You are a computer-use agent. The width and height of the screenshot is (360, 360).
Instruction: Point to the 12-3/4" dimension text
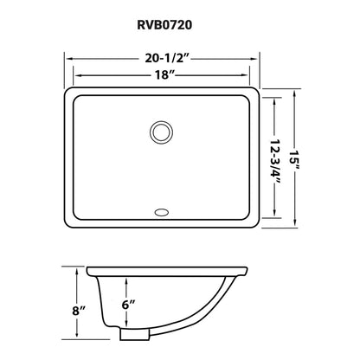(277, 159)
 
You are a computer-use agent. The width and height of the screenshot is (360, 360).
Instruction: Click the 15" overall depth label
(299, 159)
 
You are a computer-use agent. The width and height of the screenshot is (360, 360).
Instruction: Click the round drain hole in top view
(161, 132)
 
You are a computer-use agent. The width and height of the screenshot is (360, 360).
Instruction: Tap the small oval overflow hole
(161, 210)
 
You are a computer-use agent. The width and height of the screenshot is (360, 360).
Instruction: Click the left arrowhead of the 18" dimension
(83, 78)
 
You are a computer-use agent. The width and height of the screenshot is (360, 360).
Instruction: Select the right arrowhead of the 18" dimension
(243, 78)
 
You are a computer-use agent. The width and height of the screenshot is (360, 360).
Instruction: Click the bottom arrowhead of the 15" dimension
(299, 229)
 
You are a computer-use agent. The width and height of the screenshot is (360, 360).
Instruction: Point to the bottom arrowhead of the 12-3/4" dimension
(277, 220)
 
